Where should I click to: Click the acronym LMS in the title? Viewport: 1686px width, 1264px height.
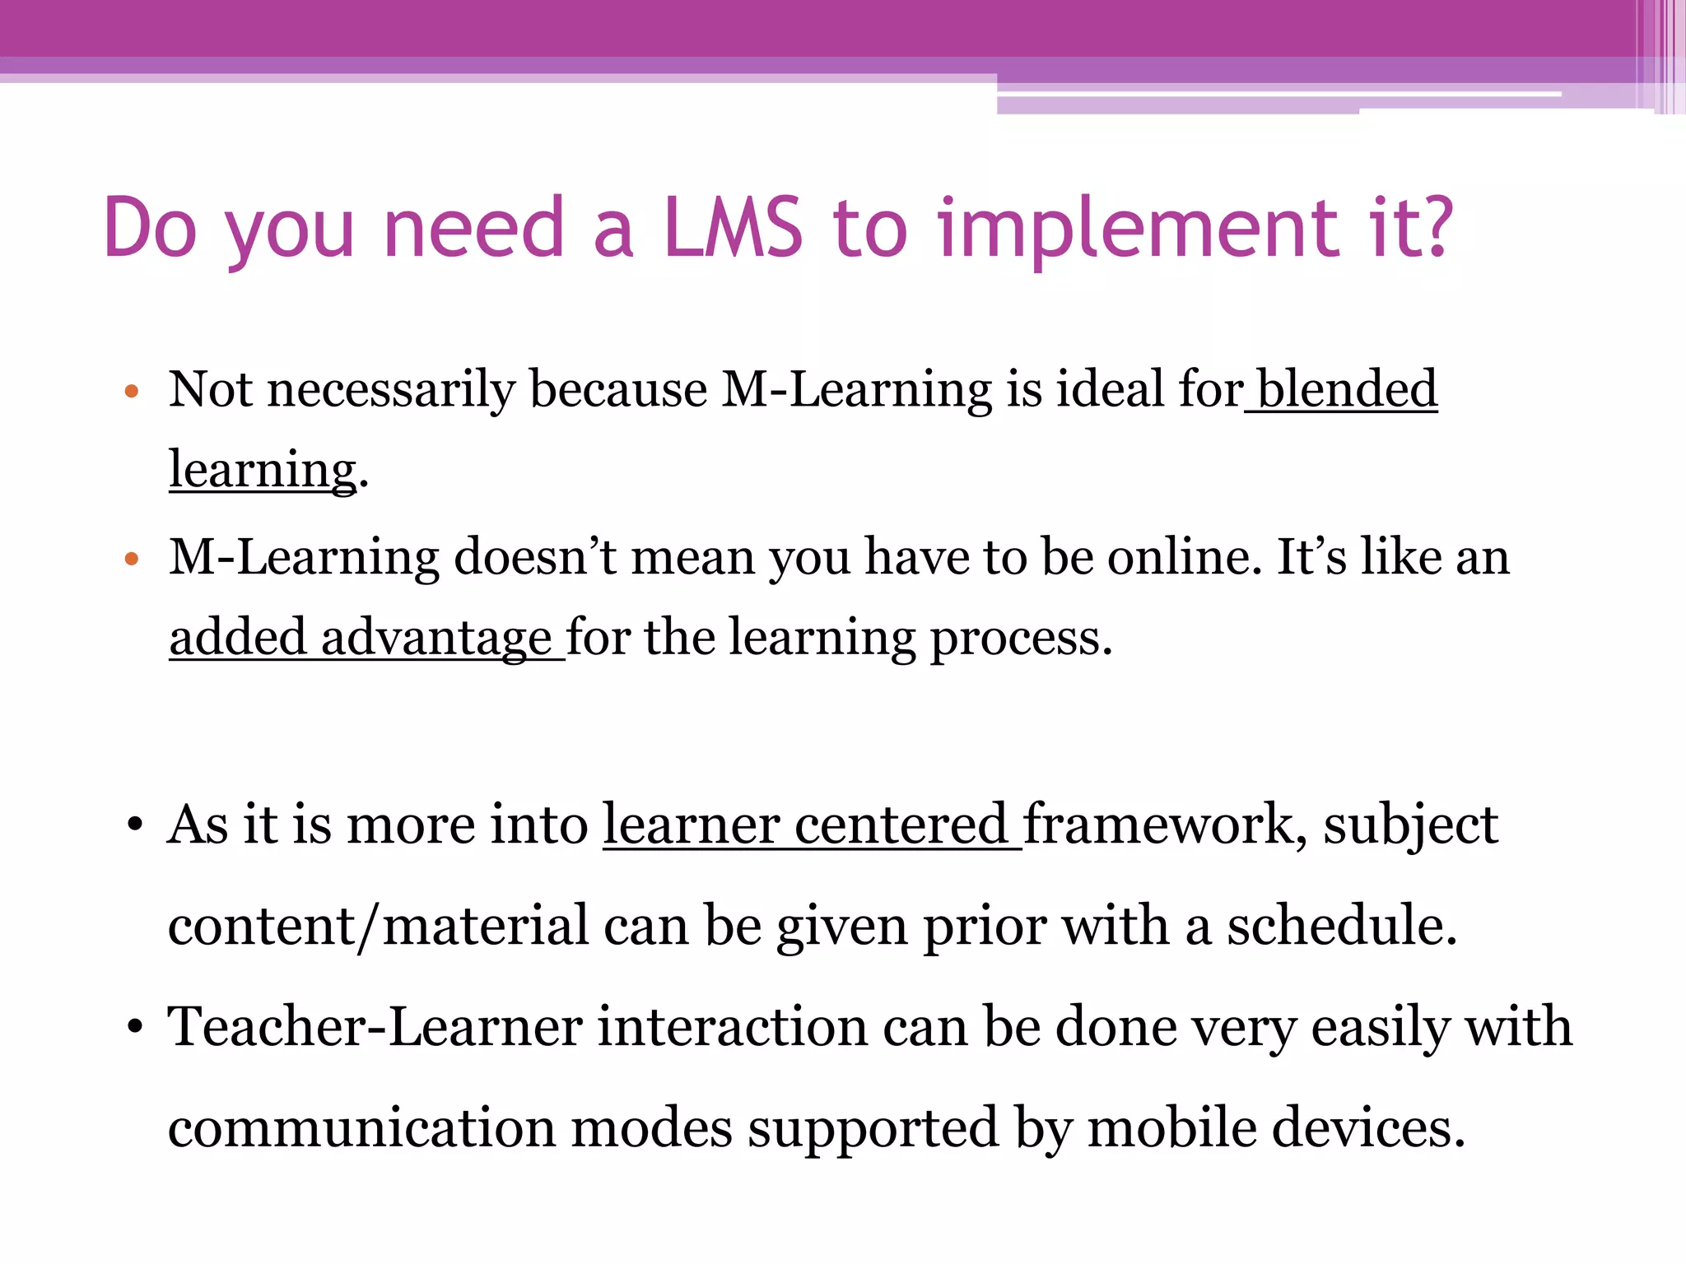point(732,227)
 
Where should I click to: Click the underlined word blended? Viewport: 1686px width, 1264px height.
point(1347,388)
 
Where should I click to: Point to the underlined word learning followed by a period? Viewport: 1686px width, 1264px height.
point(263,471)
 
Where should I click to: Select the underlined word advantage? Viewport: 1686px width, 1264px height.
point(435,639)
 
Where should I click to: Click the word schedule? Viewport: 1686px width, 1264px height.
point(1342,926)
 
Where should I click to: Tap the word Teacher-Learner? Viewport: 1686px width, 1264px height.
point(375,1028)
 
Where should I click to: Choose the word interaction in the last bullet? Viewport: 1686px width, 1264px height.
point(732,1028)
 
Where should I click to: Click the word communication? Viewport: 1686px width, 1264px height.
point(361,1128)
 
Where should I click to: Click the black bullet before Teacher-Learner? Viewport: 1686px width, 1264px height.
point(135,1029)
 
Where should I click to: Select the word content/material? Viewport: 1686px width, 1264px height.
point(378,927)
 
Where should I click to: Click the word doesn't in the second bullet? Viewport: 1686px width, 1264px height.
point(536,557)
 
